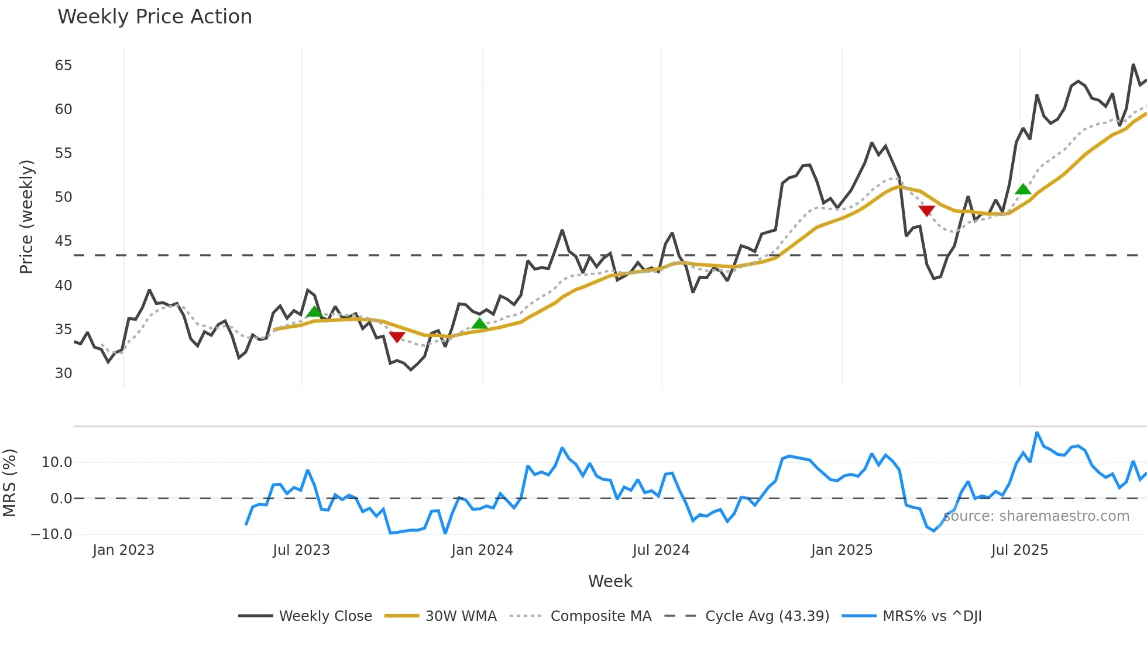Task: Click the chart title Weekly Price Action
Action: point(154,17)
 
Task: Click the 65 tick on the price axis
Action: point(63,66)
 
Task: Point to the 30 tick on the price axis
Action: point(63,373)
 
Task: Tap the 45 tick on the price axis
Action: point(63,241)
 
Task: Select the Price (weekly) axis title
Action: point(26,217)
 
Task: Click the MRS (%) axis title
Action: point(9,483)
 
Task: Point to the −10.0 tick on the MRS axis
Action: point(51,534)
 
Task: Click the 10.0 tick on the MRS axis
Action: point(57,462)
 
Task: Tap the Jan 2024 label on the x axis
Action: point(482,550)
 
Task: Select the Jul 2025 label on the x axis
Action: point(1019,550)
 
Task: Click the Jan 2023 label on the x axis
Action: point(123,550)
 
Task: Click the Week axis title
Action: point(610,581)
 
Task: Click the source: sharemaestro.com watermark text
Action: point(1036,516)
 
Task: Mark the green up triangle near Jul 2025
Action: point(1023,189)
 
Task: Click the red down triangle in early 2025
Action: point(926,211)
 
